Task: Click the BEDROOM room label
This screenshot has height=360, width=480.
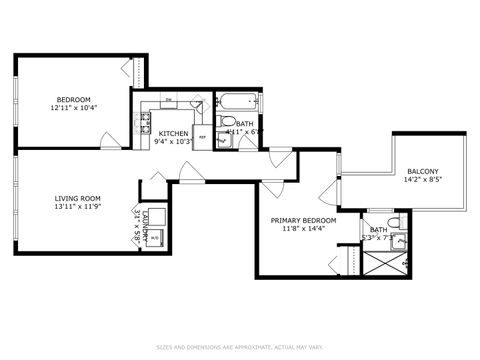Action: [74, 99]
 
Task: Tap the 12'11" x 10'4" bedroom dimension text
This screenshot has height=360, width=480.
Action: [74, 107]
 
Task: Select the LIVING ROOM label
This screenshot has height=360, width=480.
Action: [77, 198]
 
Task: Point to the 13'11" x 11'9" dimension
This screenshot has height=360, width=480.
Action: [77, 207]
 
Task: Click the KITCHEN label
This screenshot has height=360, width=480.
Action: [173, 133]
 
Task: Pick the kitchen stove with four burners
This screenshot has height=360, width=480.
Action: [144, 125]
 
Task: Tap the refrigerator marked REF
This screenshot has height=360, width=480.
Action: [202, 137]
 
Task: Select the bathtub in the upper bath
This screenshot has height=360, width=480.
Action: [239, 102]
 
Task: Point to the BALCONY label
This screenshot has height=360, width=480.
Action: [422, 171]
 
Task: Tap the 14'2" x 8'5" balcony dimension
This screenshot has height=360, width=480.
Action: [422, 180]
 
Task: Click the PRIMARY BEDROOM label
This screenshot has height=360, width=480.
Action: [303, 220]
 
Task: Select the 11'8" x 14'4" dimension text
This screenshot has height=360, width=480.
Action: [303, 229]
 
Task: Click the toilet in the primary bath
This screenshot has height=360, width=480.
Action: [393, 221]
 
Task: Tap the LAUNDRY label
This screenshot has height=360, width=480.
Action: [146, 221]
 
